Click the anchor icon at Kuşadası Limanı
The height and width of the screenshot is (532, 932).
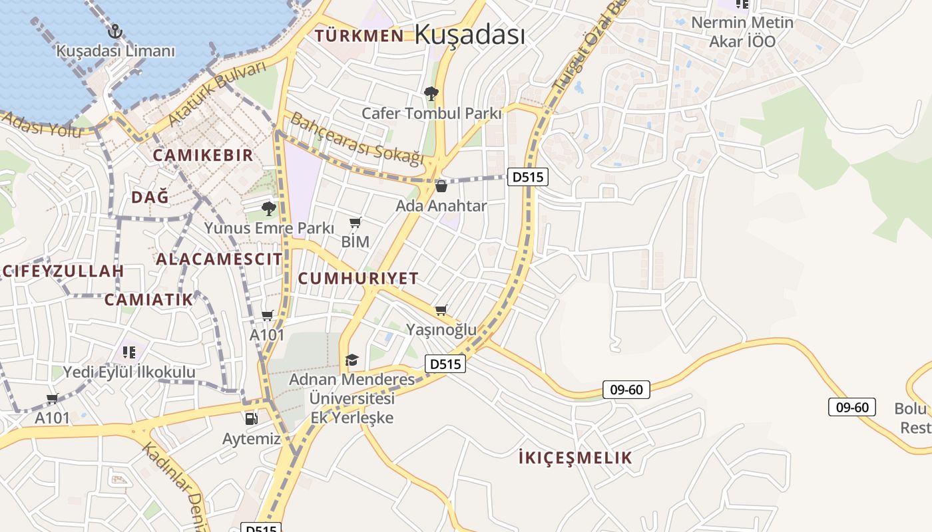click(115, 31)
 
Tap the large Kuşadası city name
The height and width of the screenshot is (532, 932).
click(469, 35)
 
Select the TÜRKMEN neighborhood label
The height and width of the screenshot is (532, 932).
click(359, 35)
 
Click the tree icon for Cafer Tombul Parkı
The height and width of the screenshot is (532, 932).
click(431, 94)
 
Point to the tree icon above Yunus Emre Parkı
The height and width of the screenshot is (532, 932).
click(269, 209)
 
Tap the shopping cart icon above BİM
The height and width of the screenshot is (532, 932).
click(355, 223)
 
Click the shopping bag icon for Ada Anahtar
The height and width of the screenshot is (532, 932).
click(441, 186)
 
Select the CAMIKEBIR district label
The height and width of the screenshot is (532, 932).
click(203, 156)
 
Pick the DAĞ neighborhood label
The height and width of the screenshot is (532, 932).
click(150, 197)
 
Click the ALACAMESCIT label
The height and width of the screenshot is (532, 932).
click(219, 259)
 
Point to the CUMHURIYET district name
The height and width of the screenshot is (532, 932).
click(358, 279)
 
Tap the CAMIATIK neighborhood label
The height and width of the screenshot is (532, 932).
click(148, 299)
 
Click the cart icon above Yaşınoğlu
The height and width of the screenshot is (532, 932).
click(441, 311)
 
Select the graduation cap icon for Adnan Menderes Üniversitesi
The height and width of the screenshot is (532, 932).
click(351, 360)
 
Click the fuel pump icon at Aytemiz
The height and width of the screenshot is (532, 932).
click(251, 419)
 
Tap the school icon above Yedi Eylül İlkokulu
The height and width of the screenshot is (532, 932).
click(129, 351)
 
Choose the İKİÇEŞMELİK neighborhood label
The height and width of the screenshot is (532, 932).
click(575, 458)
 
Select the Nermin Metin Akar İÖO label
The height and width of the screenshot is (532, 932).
click(742, 32)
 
